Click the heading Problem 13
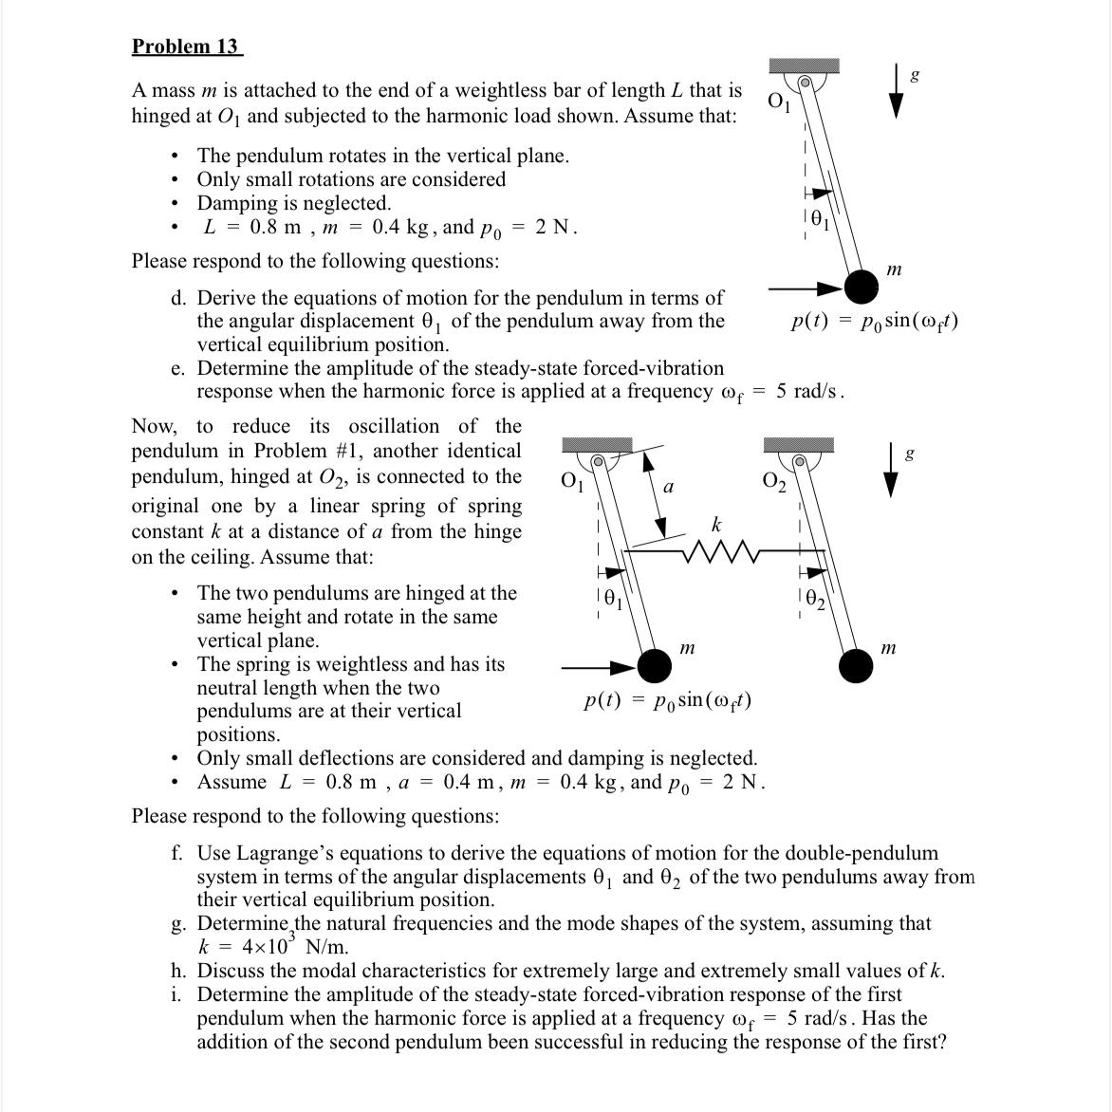pyautogui.click(x=186, y=46)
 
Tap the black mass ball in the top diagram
pyautogui.click(x=862, y=286)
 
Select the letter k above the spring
pyautogui.click(x=716, y=525)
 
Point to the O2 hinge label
pyautogui.click(x=774, y=482)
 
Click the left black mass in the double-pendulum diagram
pyautogui.click(x=654, y=666)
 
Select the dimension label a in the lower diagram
pyautogui.click(x=668, y=488)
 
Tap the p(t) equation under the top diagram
pyautogui.click(x=874, y=322)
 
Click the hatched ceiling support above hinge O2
pyautogui.click(x=799, y=445)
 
